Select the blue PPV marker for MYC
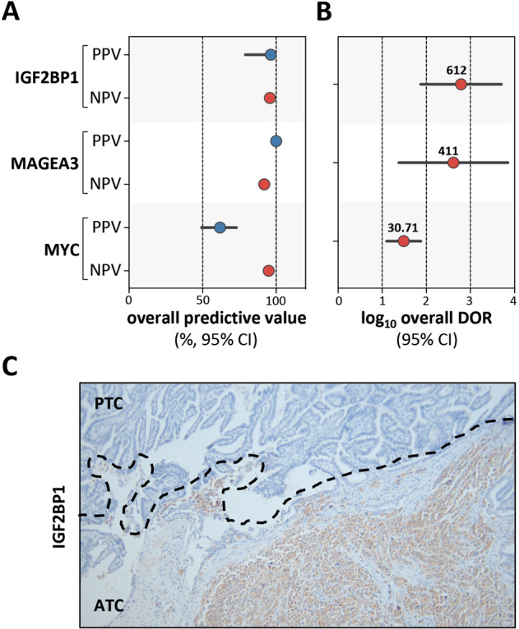(x=220, y=227)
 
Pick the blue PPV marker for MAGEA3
(x=276, y=141)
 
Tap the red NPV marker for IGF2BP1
(x=270, y=99)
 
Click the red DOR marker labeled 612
(x=461, y=84)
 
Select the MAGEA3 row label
(x=44, y=163)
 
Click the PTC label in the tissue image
(x=109, y=399)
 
